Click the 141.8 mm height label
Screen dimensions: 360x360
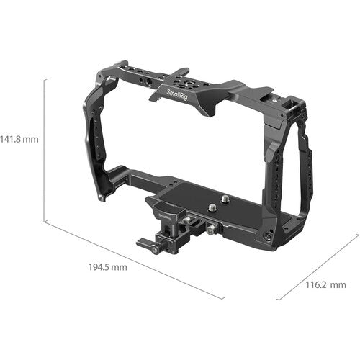pos(19,138)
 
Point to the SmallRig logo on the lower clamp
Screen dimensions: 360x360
pos(164,212)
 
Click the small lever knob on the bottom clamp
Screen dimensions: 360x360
pos(153,250)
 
